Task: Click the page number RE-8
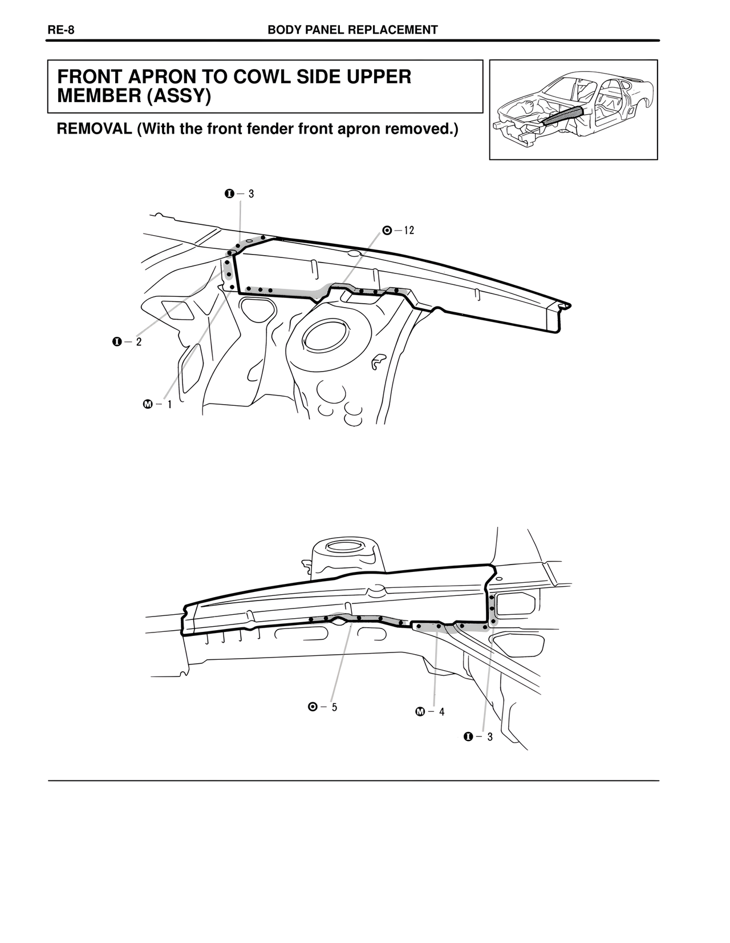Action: coord(61,30)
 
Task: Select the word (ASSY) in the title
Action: coord(179,96)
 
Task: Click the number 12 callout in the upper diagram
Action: coord(409,231)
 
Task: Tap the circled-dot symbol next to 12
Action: coord(387,231)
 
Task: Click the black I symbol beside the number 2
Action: coord(116,342)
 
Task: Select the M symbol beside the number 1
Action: coord(148,405)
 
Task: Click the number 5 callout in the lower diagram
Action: coord(334,707)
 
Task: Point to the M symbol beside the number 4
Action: coord(420,712)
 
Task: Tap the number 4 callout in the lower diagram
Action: coord(442,712)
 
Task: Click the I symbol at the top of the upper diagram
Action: coord(229,194)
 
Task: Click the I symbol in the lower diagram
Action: coord(468,737)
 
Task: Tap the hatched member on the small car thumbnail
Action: coord(562,115)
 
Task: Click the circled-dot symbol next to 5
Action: coord(312,707)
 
